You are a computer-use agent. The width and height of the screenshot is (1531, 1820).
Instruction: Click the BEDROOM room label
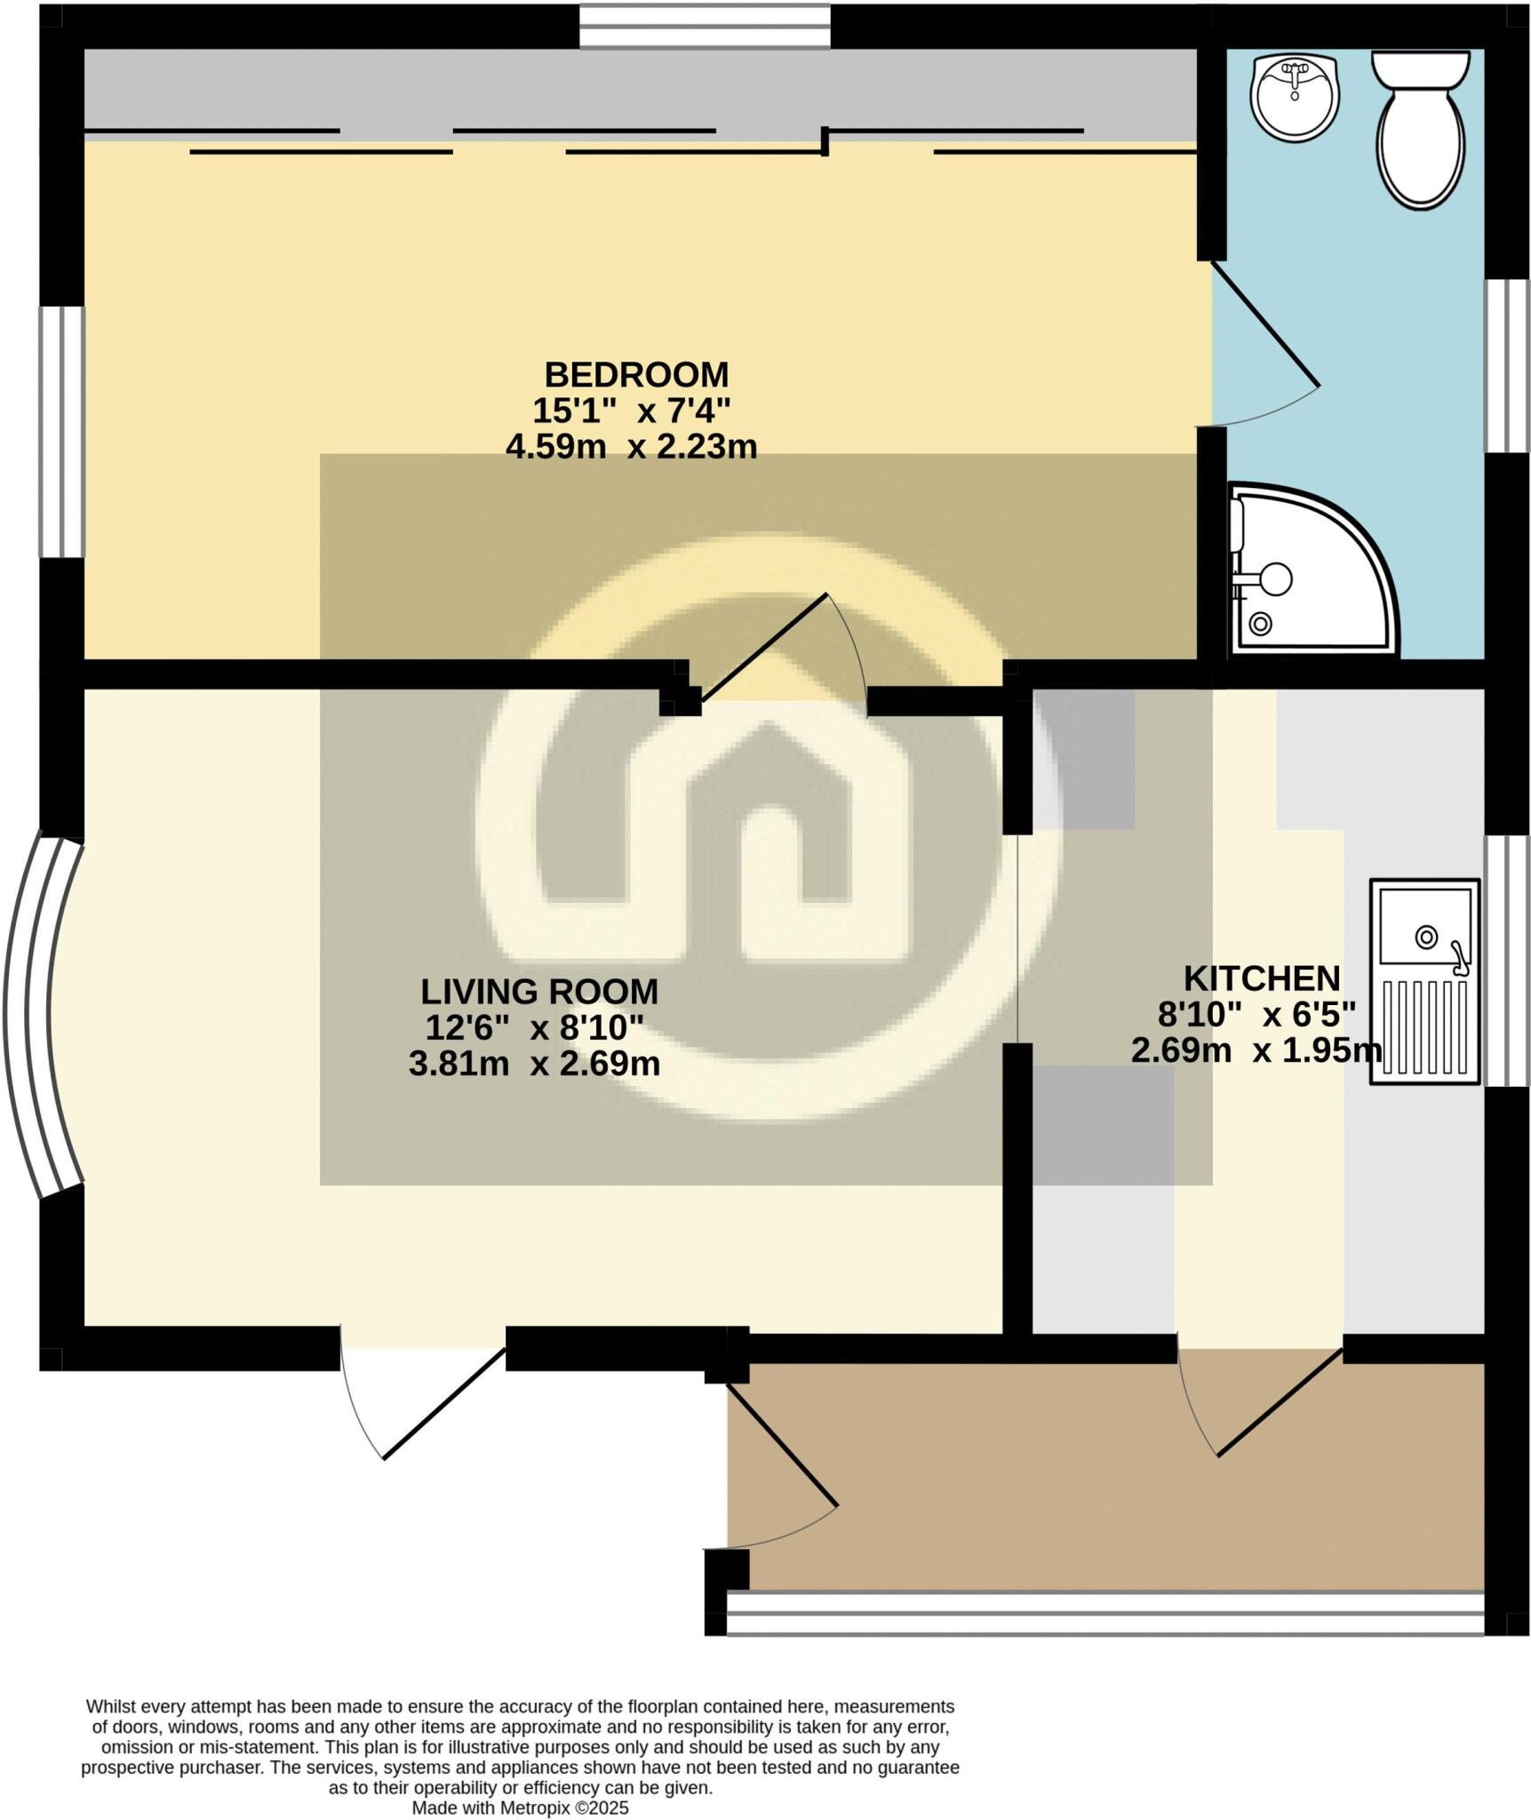[636, 374]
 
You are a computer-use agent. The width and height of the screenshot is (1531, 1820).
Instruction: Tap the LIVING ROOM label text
[538, 990]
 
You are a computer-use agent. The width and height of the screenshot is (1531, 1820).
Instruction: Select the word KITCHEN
[1262, 978]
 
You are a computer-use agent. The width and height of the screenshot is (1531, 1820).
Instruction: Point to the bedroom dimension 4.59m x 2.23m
[631, 446]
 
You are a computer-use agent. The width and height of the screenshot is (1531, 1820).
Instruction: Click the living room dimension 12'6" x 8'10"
[534, 1027]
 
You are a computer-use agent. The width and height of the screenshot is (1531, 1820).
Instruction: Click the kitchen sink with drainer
[1424, 981]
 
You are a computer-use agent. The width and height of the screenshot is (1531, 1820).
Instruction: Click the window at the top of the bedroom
[705, 27]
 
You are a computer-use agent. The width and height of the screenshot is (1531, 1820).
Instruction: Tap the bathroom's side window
[1508, 366]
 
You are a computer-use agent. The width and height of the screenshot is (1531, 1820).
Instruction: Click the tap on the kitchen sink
[1456, 954]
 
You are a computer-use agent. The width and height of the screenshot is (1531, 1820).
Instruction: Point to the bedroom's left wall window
[61, 432]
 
